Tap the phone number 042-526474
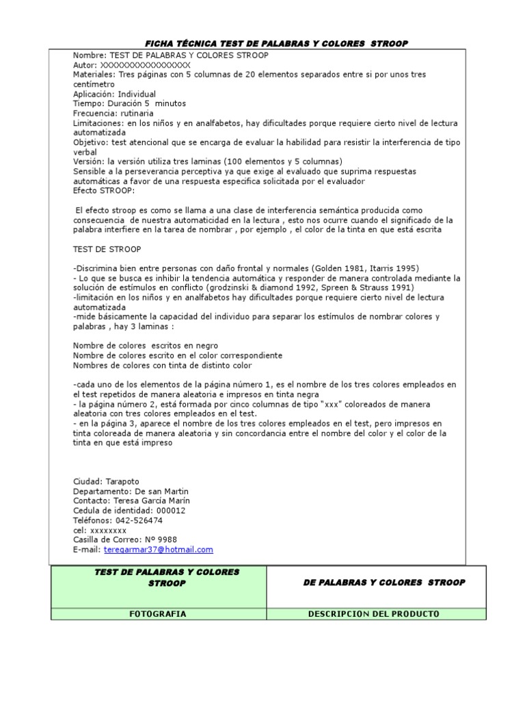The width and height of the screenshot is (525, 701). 140,520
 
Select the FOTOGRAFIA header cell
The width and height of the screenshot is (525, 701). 158,614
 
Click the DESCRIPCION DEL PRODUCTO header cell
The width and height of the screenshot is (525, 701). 375,614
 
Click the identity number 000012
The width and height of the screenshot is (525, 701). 171,511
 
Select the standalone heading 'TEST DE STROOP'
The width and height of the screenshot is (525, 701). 107,249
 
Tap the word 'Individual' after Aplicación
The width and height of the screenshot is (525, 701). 137,94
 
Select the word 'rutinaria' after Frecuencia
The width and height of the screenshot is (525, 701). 135,113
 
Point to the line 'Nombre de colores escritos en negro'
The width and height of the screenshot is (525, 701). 146,346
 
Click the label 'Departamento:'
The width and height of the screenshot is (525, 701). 102,492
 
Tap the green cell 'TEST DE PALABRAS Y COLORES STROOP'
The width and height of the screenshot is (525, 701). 158,577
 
